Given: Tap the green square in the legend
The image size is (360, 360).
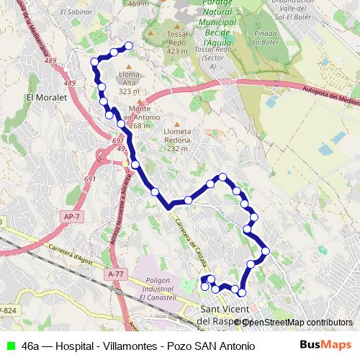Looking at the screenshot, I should click(11, 345).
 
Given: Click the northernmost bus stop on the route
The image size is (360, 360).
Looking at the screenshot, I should click(130, 46).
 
